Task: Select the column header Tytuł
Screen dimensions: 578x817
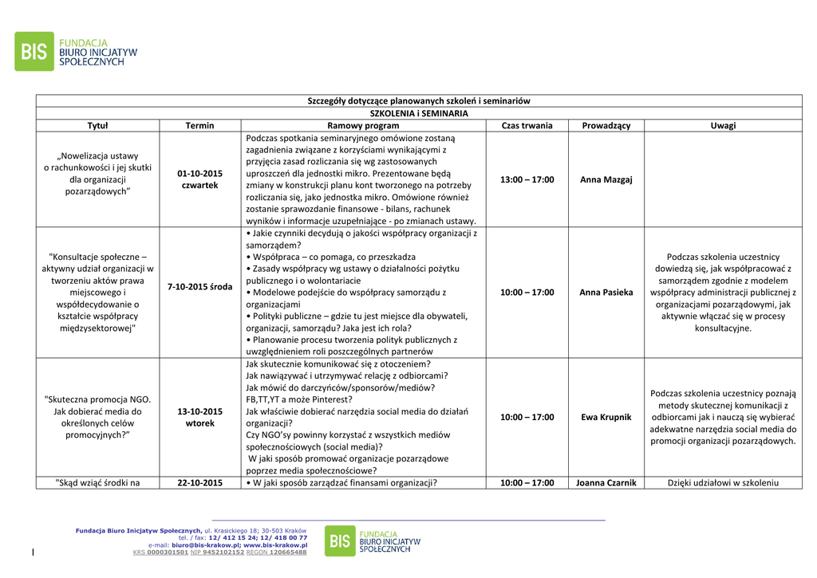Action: coord(97,126)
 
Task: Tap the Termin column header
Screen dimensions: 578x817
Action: coord(199,126)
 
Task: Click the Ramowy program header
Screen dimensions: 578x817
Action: coord(363,126)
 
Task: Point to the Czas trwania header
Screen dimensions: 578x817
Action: coord(527,126)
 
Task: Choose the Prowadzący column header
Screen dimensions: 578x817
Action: coord(606,126)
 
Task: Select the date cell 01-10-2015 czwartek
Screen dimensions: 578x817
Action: coord(199,179)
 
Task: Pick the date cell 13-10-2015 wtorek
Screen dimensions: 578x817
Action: coord(199,417)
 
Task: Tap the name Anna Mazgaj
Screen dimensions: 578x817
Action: coord(606,180)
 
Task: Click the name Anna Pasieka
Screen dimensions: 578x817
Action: coord(606,293)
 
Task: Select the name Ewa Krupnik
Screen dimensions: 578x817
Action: coord(606,417)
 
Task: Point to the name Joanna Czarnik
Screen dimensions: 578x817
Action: coord(606,482)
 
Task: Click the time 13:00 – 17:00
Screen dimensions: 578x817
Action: coord(527,180)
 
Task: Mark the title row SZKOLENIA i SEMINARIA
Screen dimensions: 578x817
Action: coord(419,113)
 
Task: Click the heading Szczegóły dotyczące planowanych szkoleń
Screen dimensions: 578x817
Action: coord(419,101)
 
